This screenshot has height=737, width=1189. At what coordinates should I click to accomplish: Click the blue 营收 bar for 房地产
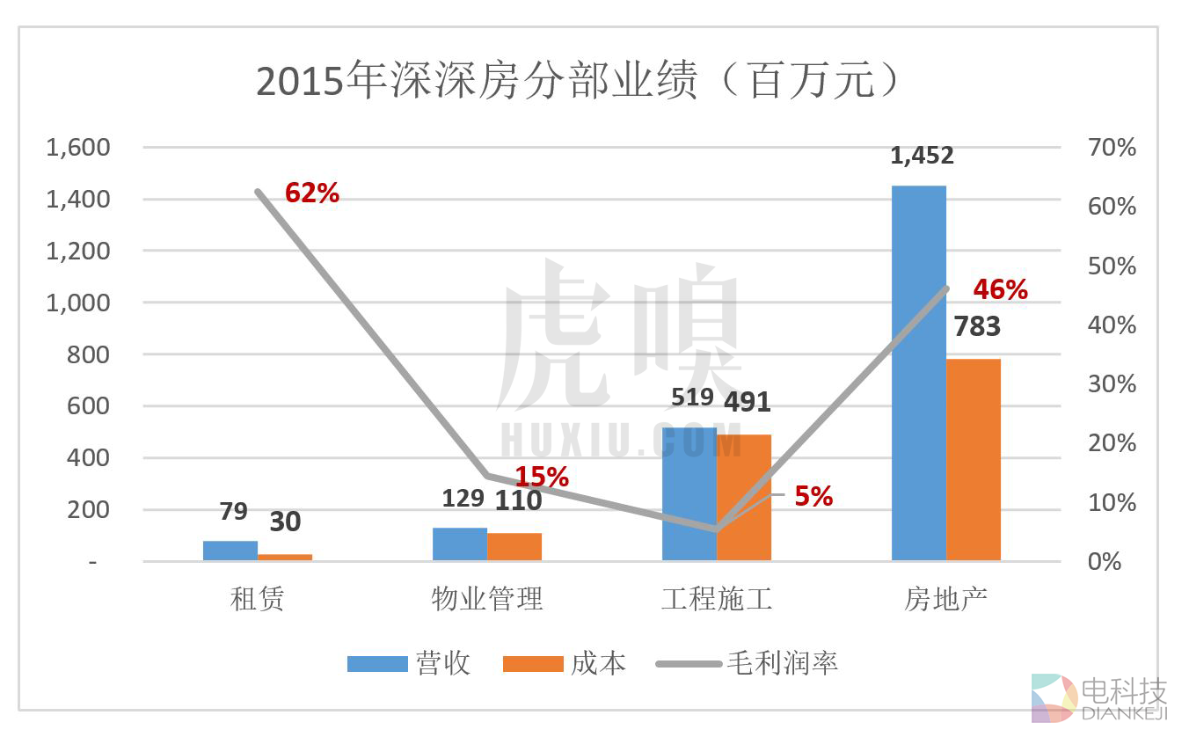[x=919, y=373]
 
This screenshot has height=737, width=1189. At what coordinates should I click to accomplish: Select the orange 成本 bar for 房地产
[x=974, y=459]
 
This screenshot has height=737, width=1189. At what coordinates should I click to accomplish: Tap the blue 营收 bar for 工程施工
[x=689, y=493]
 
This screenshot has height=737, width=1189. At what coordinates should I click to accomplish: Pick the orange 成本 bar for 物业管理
[x=514, y=546]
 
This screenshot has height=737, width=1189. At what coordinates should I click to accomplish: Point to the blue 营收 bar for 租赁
[x=230, y=551]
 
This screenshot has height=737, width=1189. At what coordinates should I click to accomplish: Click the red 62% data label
[x=312, y=193]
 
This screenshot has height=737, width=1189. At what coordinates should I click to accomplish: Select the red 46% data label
[x=1000, y=289]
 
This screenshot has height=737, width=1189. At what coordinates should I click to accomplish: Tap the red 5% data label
[x=813, y=497]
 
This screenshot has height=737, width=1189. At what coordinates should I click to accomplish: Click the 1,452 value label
[x=922, y=156]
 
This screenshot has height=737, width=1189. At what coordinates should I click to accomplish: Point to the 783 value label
[x=977, y=327]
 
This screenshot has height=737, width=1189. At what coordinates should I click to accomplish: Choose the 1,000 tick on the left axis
[x=78, y=303]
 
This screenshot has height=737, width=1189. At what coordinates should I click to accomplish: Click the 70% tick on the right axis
[x=1112, y=148]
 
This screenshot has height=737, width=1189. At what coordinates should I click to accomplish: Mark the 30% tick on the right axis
[x=1112, y=384]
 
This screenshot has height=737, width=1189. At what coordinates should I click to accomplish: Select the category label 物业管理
[x=486, y=600]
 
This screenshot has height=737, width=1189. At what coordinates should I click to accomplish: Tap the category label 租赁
[x=258, y=600]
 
